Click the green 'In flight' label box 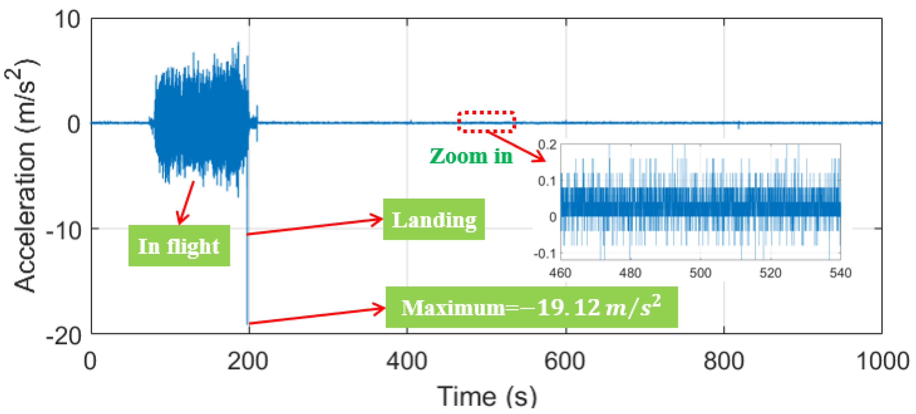[179, 245]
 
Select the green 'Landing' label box [434, 219]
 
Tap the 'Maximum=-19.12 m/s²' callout [531, 307]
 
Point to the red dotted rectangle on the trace [486, 122]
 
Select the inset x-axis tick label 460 [560, 273]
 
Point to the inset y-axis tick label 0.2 [547, 144]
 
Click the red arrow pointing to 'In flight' [186, 203]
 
